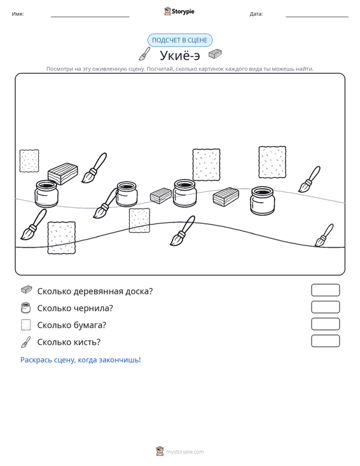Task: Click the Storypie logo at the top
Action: coord(179,11)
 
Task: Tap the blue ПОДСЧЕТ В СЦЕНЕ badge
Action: coord(180,40)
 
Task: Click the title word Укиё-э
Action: coord(180,55)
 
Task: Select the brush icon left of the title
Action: coord(145,54)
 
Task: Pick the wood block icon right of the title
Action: coord(215,54)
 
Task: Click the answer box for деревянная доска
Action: coord(325,290)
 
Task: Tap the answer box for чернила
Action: coord(325,307)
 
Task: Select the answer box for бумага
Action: coord(325,324)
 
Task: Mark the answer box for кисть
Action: coord(325,341)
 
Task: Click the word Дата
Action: coord(256,14)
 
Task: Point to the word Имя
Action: coord(18,14)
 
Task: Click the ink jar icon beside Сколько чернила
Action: coord(26,308)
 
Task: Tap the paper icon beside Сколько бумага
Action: coord(26,325)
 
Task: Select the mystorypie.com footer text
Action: coord(185,452)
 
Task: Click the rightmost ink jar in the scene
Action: coord(263,201)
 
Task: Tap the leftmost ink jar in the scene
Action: coord(46,193)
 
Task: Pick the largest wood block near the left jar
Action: coord(63,174)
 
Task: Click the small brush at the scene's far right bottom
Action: coord(324,235)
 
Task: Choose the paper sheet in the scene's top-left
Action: coord(29,161)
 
